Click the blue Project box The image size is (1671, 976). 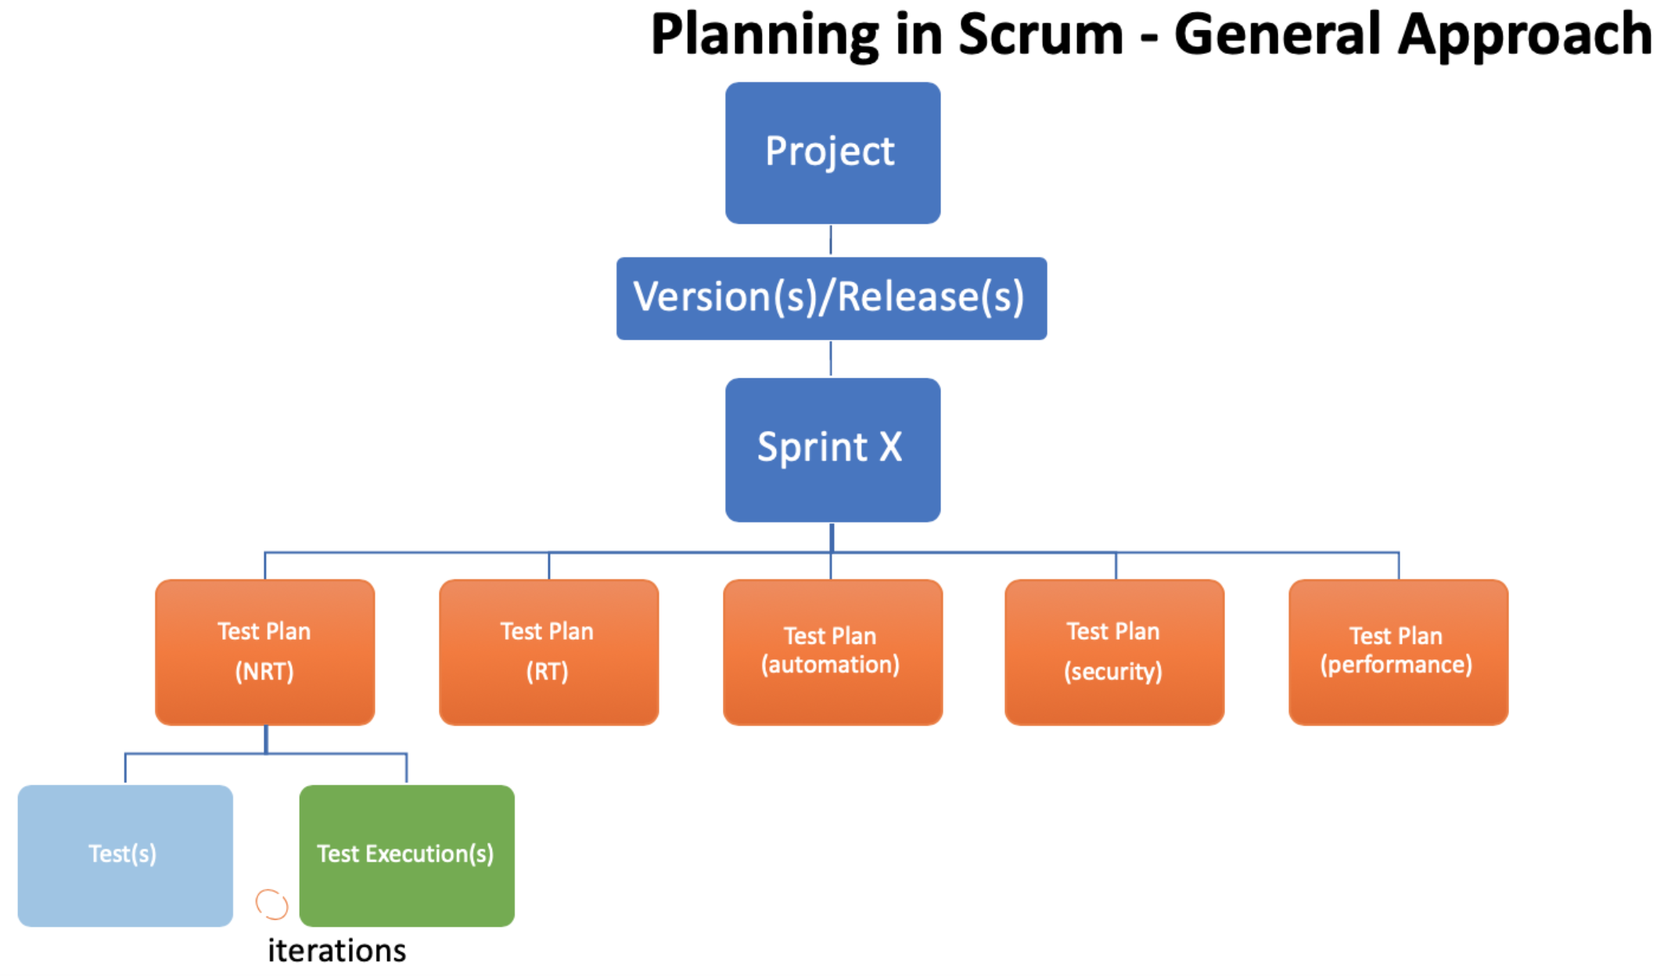click(x=832, y=153)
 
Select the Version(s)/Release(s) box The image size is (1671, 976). click(x=832, y=299)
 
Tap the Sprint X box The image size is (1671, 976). click(x=832, y=450)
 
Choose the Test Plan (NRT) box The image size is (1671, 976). click(x=265, y=652)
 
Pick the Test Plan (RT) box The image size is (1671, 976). click(x=549, y=652)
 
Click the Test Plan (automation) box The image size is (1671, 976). click(x=832, y=652)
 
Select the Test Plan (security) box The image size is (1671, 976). click(x=1115, y=652)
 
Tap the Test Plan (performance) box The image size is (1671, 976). click(x=1399, y=652)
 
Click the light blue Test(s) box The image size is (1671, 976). click(x=125, y=856)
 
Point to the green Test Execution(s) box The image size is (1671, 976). click(x=407, y=856)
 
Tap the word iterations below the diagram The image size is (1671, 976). click(x=337, y=951)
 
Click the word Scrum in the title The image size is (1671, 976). click(x=1041, y=35)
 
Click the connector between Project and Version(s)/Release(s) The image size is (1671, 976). click(x=831, y=240)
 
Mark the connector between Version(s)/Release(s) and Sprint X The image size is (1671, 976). click(x=831, y=359)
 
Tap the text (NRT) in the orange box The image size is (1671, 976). click(x=264, y=672)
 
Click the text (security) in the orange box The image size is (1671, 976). click(x=1113, y=672)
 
